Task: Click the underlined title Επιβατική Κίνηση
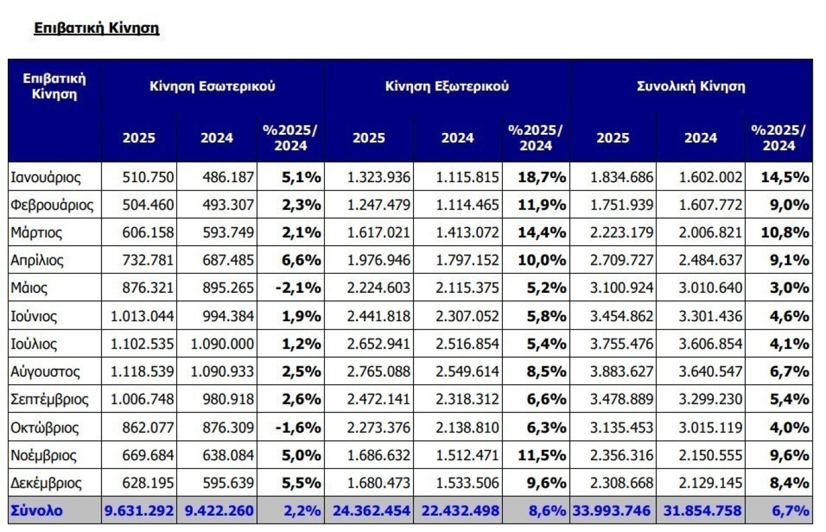[97, 29]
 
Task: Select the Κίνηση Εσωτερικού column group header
[213, 86]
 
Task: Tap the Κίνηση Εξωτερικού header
[446, 86]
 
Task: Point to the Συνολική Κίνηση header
[691, 86]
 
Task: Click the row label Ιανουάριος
[46, 177]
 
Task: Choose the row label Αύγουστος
[46, 372]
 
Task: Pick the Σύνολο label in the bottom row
[37, 510]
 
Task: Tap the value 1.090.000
[222, 344]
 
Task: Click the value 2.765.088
[378, 372]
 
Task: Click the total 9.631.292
[139, 510]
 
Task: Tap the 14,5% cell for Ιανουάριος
[785, 177]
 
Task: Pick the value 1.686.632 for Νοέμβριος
[378, 455]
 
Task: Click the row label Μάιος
[29, 288]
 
